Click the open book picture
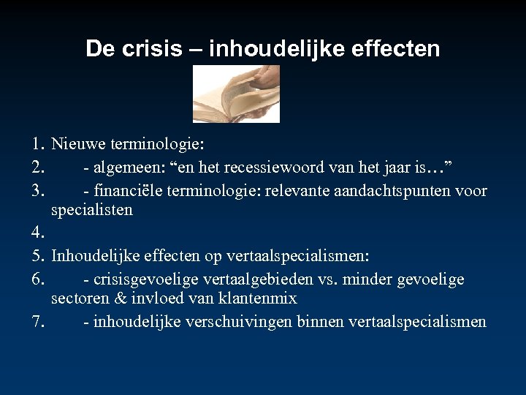coord(236,94)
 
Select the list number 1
coord(39,146)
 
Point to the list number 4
coord(39,234)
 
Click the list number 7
coord(39,323)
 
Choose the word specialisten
coord(92,211)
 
